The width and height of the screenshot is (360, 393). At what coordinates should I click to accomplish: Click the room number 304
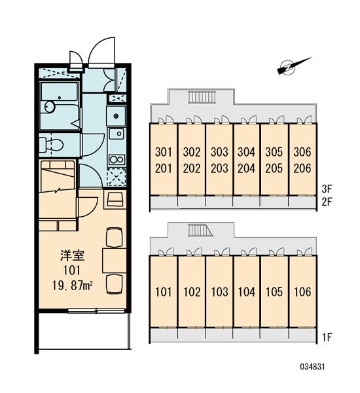tap(246, 152)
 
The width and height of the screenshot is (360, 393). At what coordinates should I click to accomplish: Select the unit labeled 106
tap(302, 292)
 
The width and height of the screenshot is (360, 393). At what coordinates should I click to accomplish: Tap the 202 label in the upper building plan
tap(192, 168)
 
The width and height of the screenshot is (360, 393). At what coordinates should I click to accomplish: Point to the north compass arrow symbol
tap(293, 66)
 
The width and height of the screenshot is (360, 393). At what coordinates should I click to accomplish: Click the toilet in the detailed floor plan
tap(51, 145)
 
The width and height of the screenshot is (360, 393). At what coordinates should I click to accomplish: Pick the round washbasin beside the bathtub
tap(50, 106)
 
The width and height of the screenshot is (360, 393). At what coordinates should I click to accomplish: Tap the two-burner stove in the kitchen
tap(117, 160)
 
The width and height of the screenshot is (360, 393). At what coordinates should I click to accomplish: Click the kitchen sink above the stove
tap(117, 134)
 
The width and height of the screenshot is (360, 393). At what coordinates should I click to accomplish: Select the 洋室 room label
tap(73, 255)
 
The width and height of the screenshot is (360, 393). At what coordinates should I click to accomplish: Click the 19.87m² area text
tap(73, 286)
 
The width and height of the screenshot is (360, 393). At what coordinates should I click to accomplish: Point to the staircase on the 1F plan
tap(200, 230)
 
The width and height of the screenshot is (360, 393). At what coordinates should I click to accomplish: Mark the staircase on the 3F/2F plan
tap(202, 97)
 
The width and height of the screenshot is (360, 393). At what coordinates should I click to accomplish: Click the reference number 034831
tap(312, 367)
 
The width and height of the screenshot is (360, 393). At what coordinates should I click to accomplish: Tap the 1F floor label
tap(327, 337)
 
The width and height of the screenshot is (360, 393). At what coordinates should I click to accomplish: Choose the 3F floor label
tap(327, 189)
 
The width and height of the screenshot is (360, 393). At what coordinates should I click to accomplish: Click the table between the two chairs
tap(115, 261)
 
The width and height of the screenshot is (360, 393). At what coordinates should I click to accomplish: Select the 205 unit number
tap(274, 168)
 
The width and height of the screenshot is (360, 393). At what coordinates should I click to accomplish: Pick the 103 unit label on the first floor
tap(219, 292)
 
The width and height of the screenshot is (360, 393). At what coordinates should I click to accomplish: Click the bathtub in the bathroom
tap(60, 105)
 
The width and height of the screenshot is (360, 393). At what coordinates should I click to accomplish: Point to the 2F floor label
tap(327, 202)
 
